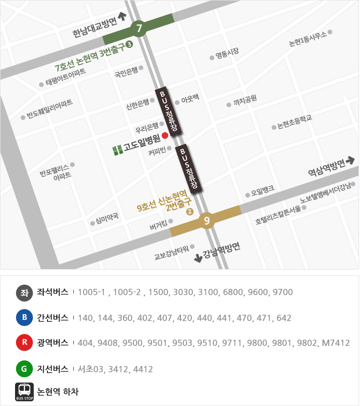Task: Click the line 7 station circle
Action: coord(139,29)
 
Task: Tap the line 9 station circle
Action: coord(207,220)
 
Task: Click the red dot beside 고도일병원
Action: coord(165,136)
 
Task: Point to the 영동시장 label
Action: coord(227,54)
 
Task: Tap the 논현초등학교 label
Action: coord(295,122)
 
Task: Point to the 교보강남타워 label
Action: coord(172,253)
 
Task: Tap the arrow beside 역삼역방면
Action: coord(350,161)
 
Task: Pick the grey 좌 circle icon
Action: coord(24,292)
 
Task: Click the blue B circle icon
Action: coord(24,318)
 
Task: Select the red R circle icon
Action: coord(24,343)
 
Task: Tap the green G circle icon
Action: coord(24,369)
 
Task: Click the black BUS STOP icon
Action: coord(24,391)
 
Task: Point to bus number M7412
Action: coord(336,343)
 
